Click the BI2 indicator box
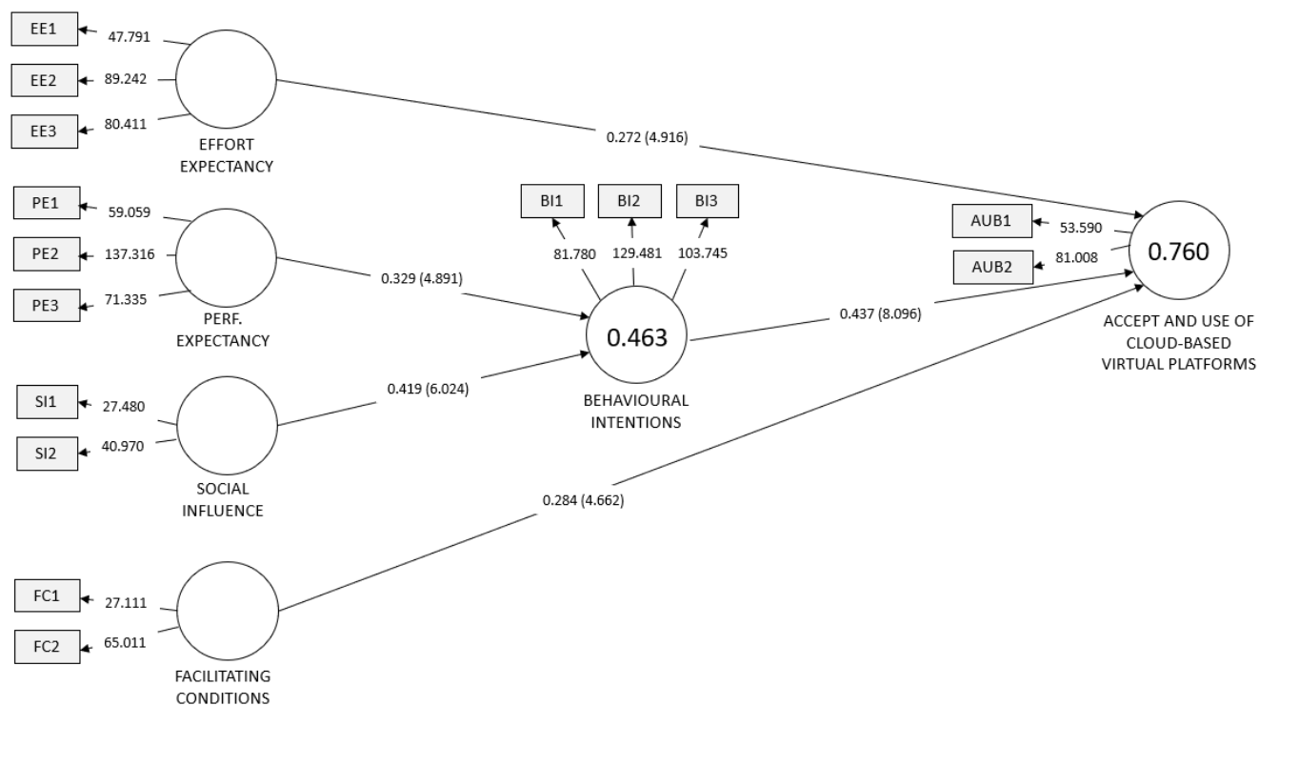coord(629,201)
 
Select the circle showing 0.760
coord(1179,252)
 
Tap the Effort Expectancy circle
coord(226,79)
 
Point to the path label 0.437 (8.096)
coord(880,312)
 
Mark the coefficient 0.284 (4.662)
coord(583,499)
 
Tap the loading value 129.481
coord(634,255)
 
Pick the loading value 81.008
coord(1076,256)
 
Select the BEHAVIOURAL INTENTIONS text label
coord(636,412)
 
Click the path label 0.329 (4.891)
coord(422,279)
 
